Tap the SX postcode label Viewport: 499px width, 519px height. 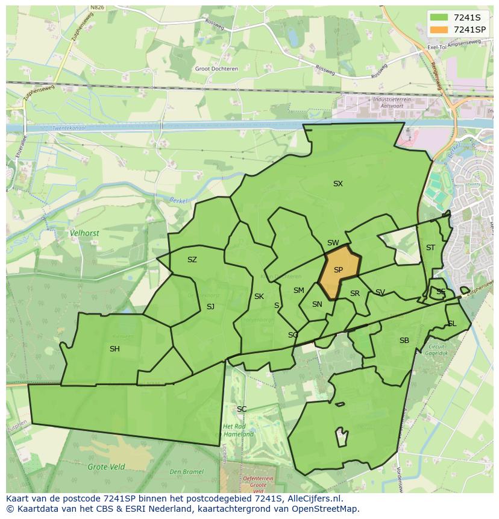coord(338,184)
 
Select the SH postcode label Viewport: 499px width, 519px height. coord(115,349)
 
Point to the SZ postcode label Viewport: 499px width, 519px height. coord(192,260)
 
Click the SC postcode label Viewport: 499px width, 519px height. coord(242,409)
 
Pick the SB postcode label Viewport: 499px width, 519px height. coord(404,341)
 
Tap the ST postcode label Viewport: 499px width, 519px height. coord(430,248)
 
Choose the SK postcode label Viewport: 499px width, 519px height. coord(259,297)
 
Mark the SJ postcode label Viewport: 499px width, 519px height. coord(210,307)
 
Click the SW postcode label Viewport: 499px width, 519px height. coord(333,243)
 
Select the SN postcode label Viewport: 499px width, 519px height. coord(317,304)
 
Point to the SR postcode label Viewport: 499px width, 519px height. coord(355,294)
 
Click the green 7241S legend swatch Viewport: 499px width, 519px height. coord(439,17)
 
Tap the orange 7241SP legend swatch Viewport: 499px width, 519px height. coord(439,29)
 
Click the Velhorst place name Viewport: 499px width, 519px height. coord(84,233)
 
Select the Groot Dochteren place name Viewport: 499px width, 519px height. coord(216,69)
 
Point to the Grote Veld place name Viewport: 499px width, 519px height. coord(106,467)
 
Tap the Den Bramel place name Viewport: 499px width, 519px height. coord(187,472)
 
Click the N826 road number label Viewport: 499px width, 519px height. coord(96,8)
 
